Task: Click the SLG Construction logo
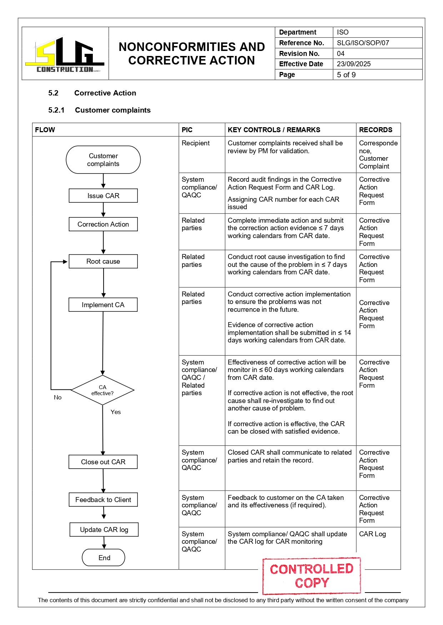65,54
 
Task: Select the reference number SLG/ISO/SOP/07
363,43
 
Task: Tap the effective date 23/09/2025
354,64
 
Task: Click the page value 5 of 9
346,75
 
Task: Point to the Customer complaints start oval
103,160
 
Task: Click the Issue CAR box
103,196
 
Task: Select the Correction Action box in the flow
103,224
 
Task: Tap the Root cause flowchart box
103,262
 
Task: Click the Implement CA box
103,305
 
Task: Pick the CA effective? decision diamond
102,390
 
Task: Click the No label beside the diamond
57,398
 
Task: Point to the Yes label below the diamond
116,412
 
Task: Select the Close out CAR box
103,462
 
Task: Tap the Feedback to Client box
103,500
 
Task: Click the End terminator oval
104,558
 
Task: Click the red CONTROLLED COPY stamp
311,576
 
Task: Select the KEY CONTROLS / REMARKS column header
274,130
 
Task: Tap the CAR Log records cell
372,534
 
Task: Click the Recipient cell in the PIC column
196,143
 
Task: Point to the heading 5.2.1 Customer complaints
100,110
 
